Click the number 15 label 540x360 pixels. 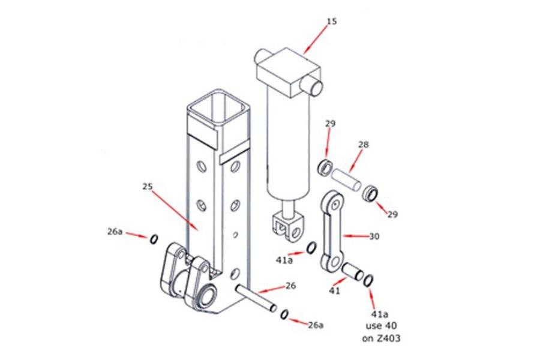pos(331,22)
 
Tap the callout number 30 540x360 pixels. pos(374,237)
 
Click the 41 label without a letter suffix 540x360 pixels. pos(334,291)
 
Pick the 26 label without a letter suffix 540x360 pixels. pos(291,286)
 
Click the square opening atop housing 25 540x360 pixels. pos(217,109)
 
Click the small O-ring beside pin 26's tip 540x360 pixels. pos(284,314)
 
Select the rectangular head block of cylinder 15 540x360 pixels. pos(282,73)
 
